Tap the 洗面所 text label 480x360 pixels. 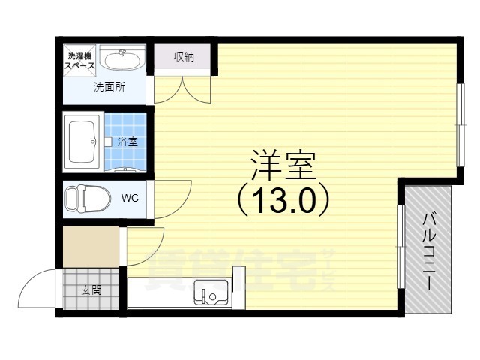coord(109,87)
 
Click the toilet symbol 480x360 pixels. coord(84,199)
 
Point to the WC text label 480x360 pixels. coord(130,199)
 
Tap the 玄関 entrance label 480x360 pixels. coord(91,290)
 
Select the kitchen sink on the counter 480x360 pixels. coord(210,291)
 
